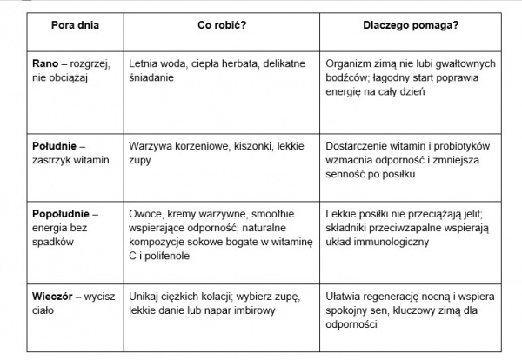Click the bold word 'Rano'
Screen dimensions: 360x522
tap(42, 64)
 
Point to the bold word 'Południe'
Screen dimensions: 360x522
tap(52, 137)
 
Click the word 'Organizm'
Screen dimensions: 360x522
tap(346, 64)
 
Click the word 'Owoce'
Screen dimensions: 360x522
tap(144, 212)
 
